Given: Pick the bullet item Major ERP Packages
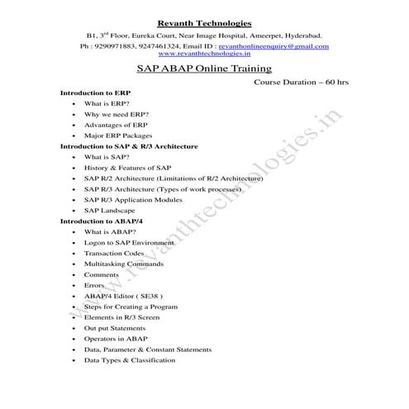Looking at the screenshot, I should [118, 135].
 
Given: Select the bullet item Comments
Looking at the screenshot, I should [102, 274].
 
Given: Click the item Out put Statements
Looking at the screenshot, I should [117, 328].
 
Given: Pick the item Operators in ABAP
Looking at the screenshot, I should [117, 339].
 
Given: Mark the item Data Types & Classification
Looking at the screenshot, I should [130, 360].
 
